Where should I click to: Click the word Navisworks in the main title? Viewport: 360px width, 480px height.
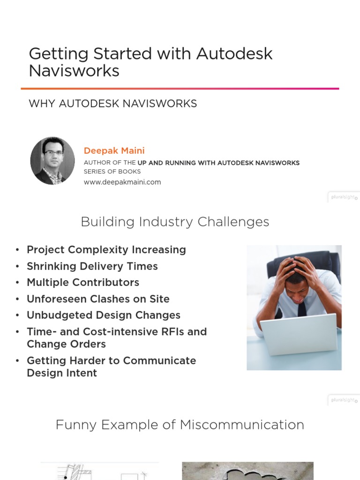point(74,71)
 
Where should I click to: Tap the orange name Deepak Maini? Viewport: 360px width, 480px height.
point(114,150)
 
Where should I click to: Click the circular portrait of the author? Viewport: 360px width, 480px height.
point(52,161)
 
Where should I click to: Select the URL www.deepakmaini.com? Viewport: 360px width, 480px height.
point(122,182)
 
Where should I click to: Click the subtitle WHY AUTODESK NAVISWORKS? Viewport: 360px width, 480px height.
point(112,104)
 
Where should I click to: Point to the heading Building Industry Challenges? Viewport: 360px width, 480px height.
point(175,222)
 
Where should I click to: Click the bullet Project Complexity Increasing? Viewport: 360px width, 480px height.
point(106,250)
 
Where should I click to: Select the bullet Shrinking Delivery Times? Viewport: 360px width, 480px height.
point(92,266)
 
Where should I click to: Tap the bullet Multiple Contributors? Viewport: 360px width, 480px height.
point(83,283)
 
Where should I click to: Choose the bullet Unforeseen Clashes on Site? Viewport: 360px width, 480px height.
point(98,299)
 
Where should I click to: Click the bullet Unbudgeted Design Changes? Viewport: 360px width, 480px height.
point(104,315)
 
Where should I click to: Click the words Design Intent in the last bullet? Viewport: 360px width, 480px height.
point(62,373)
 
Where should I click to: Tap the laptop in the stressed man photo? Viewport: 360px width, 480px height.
point(299,334)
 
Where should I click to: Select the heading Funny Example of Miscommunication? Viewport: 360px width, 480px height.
point(180,425)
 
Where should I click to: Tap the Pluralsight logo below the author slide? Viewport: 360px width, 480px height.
point(344,197)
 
